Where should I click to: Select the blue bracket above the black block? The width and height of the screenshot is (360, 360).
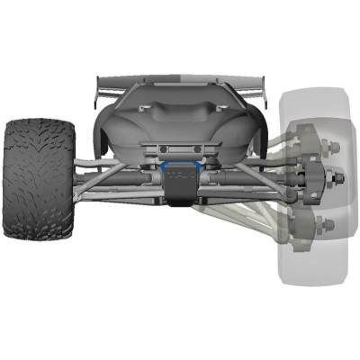180,166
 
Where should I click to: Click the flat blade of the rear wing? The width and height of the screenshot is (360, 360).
180,82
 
